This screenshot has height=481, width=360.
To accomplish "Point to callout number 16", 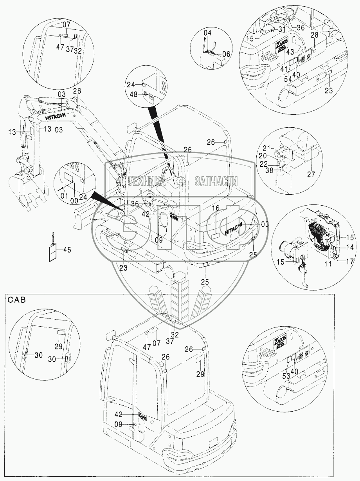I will pos(216,208).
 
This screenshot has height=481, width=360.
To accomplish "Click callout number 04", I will pos(207,33).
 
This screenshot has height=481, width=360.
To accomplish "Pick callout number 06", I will pos(226,54).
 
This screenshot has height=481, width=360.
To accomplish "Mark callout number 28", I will pos(315,35).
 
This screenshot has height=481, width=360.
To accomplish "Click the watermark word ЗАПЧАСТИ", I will pos(216,181).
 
